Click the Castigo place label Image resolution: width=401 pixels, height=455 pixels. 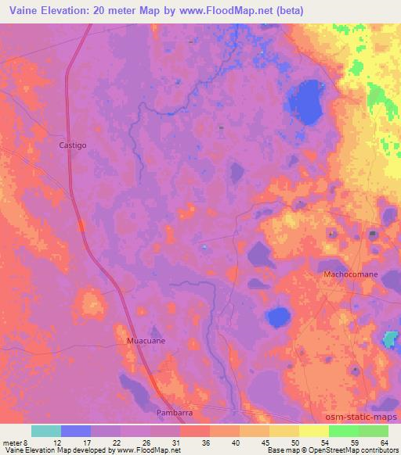tap(73, 145)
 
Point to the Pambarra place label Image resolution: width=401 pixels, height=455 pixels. tap(174, 410)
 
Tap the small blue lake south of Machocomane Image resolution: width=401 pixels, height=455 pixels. tap(276, 317)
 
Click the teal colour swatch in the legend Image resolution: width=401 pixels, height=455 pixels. tap(47, 431)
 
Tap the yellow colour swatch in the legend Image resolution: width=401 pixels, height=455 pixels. tap(313, 431)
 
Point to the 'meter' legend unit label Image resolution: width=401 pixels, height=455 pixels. tap(13, 442)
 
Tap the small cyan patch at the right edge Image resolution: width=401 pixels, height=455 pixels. tap(389, 340)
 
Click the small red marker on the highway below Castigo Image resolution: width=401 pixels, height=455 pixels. tap(81, 226)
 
